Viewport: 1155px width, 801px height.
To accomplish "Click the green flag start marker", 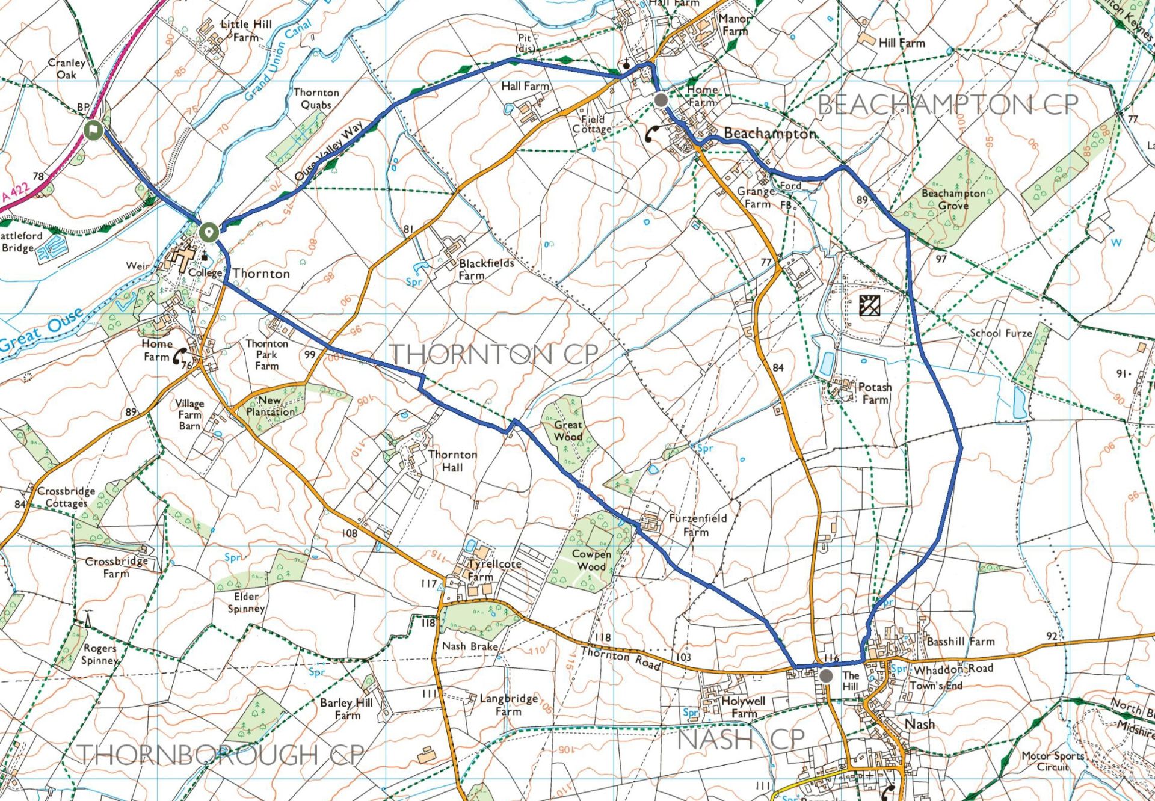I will coord(93,130).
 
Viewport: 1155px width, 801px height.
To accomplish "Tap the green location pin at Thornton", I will coord(209,232).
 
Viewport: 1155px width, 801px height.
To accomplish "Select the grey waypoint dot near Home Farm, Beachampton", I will coord(661,100).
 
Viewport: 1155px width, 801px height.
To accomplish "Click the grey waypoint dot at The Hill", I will coord(827,675).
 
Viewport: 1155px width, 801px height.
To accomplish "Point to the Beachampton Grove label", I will coord(953,199).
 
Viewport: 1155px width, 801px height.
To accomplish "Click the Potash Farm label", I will coord(874,393).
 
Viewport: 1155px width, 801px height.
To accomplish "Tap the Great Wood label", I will coord(568,430).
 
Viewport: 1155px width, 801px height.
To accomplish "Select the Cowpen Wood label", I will coord(591,560).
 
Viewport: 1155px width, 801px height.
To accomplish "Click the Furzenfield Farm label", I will coord(697,524).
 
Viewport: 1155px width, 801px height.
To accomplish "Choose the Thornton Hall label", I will coord(452,461).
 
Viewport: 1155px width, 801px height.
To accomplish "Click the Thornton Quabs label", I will coord(316,98).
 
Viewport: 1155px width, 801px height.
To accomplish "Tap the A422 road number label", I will coord(16,192).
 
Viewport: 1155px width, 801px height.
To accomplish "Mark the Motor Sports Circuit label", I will coord(1052,761).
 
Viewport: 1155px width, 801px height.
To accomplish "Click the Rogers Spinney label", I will coord(99,654).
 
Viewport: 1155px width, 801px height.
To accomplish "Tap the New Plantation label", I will coord(270,406).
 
